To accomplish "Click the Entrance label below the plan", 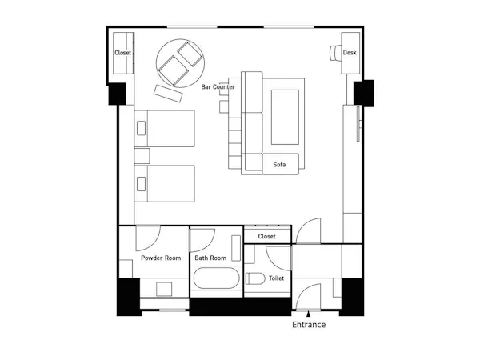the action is point(309,325).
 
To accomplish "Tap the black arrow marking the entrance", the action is point(309,314).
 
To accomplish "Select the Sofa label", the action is point(279,164).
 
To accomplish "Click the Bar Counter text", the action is point(218,86).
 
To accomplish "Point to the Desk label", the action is point(350,52).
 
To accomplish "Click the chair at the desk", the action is point(335,53).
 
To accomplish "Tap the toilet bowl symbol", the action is point(255,278).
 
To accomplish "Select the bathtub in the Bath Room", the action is point(217,278).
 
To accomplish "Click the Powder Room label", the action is point(161,258).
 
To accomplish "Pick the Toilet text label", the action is point(276,278).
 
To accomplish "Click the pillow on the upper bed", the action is point(141,128).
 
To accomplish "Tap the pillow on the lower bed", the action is point(141,184).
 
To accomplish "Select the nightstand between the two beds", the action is point(142,156).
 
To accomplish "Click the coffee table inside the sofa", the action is point(285,118).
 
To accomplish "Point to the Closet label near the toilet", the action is point(266,236).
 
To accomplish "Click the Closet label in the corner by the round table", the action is point(122,53).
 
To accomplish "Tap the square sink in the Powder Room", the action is point(164,289).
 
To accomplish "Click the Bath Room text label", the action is point(210,258).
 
